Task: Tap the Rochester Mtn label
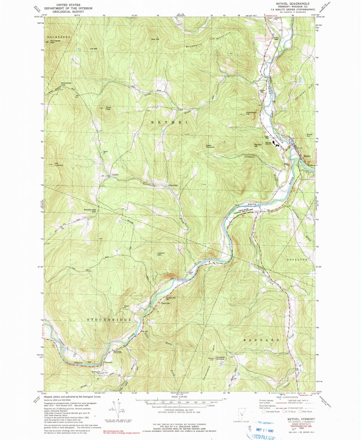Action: point(55,42)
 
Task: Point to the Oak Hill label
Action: point(155,39)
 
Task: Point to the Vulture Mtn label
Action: point(161,254)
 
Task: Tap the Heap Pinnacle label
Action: point(210,146)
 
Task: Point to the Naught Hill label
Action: point(258,145)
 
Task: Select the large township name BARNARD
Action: point(261,340)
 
